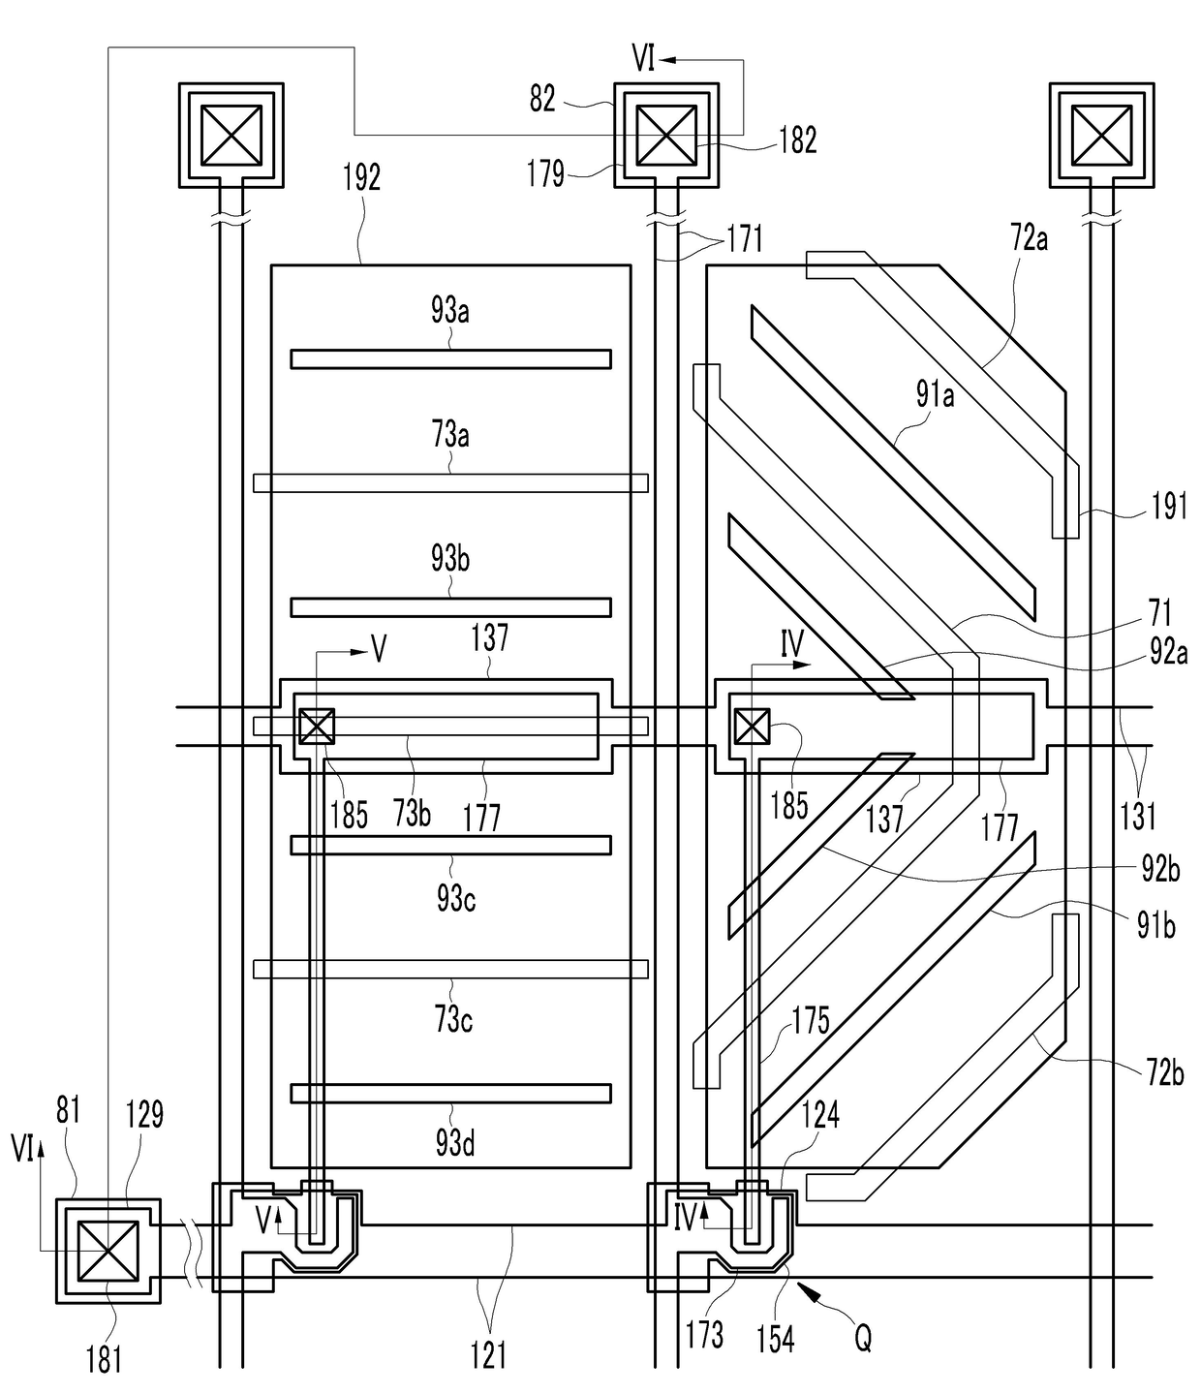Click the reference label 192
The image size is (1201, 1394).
coord(361,178)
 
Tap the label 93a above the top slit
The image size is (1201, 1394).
coord(450,311)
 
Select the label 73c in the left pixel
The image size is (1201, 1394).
coord(453,1020)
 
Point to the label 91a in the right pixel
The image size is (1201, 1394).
coord(935,394)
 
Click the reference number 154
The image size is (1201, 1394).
coord(776,1340)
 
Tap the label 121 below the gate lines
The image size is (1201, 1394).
coord(488,1354)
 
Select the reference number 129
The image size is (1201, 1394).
coord(144,1115)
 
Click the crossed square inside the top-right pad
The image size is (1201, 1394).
coord(1101,135)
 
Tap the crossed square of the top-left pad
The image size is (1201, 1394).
coord(231,135)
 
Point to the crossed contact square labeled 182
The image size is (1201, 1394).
coord(665,135)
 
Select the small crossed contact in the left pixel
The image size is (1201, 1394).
coord(316,726)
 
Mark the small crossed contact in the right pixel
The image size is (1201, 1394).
coord(752,726)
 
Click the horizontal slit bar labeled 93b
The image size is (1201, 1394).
coord(450,607)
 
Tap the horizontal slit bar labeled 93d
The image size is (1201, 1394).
coord(450,1094)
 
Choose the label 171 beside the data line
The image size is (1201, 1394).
coord(744,238)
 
